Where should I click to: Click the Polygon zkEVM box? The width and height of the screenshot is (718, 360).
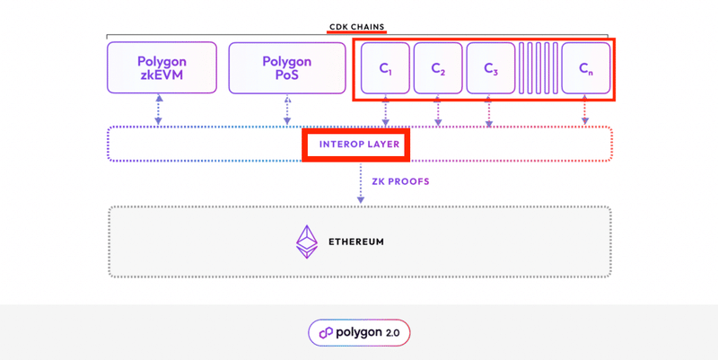[161, 67]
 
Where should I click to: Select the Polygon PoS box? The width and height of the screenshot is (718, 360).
[286, 67]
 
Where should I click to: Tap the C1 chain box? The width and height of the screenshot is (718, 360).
[385, 68]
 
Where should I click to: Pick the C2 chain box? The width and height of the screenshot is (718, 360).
[438, 68]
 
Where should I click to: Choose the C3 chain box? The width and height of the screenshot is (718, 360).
[490, 68]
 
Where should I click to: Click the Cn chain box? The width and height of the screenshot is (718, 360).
[585, 68]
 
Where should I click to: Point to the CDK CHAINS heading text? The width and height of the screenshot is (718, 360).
[358, 26]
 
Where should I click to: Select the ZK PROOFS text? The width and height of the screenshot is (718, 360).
[400, 181]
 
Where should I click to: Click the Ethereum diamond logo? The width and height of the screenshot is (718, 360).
[308, 241]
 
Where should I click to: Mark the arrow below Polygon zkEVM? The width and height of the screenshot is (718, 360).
[159, 110]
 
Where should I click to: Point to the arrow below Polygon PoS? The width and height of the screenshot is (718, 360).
[286, 110]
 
